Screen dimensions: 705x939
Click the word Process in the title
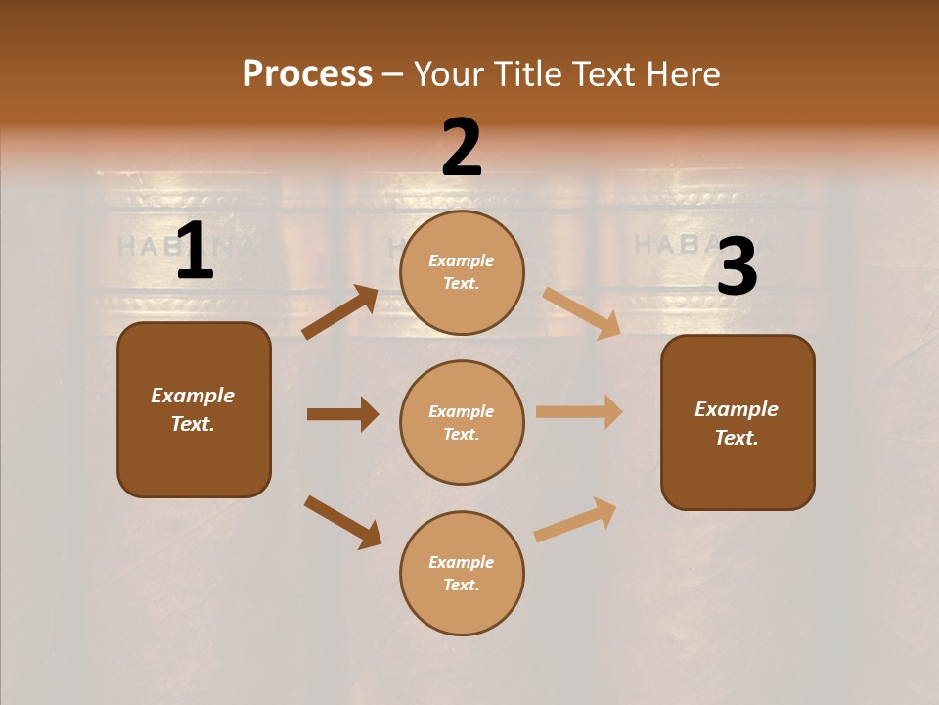[x=307, y=74]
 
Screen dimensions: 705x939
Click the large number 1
[x=195, y=252]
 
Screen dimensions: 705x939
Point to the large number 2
[x=462, y=148]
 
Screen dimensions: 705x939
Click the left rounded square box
[x=194, y=409]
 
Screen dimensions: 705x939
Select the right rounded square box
[x=738, y=422]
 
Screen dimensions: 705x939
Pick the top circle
[x=462, y=272]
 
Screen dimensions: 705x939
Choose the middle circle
[x=462, y=422]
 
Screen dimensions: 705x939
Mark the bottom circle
[x=462, y=573]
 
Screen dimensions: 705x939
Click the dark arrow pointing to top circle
[x=340, y=312]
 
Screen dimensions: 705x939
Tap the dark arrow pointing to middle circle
[x=342, y=414]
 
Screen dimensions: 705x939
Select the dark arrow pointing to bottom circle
[x=342, y=522]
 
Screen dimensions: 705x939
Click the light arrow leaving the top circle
[x=582, y=313]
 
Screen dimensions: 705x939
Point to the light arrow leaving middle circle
[x=579, y=412]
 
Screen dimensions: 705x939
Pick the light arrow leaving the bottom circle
[x=575, y=519]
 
